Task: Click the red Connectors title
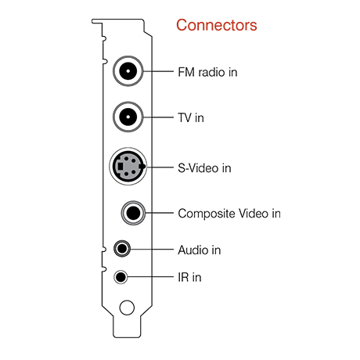pyautogui.click(x=216, y=25)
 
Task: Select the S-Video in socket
pyautogui.click(x=127, y=166)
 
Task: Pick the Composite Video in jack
pyautogui.click(x=133, y=212)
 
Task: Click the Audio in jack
pyautogui.click(x=121, y=250)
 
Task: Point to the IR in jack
pyautogui.click(x=120, y=277)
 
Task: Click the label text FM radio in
pyautogui.click(x=207, y=72)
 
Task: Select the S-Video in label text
pyautogui.click(x=204, y=167)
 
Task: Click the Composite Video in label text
pyautogui.click(x=229, y=213)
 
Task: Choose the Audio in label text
pyautogui.click(x=199, y=250)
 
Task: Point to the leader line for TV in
pyautogui.click(x=157, y=117)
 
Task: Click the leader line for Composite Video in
pyautogui.click(x=160, y=212)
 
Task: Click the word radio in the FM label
pyautogui.click(x=211, y=72)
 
